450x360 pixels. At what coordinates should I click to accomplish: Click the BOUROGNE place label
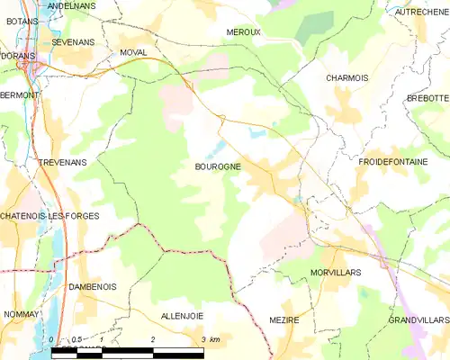tap(217, 166)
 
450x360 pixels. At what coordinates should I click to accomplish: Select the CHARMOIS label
tap(346, 77)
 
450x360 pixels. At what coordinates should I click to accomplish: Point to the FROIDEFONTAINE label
tap(395, 160)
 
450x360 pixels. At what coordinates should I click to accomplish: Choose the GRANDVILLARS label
tap(418, 319)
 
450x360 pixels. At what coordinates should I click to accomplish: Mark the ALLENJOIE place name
tap(183, 316)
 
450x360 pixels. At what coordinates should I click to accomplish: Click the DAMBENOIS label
tap(93, 285)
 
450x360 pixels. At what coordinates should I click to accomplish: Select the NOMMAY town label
tap(22, 315)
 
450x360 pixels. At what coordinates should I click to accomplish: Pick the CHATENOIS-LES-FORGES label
tap(49, 216)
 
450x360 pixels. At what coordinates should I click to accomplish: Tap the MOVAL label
tap(133, 53)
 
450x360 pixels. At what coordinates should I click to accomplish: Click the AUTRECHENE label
tap(421, 12)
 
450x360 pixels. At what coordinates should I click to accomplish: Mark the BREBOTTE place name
tap(427, 97)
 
